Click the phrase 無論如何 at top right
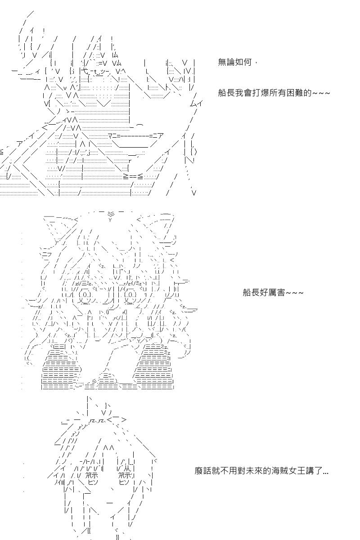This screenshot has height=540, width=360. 234,62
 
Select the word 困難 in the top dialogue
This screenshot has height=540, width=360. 295,93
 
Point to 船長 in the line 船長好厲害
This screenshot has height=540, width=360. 251,292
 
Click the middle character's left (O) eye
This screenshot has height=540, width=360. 84,294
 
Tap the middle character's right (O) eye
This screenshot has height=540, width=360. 130,294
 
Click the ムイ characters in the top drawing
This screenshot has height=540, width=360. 196,103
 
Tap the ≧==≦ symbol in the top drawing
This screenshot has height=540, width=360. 133,176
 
